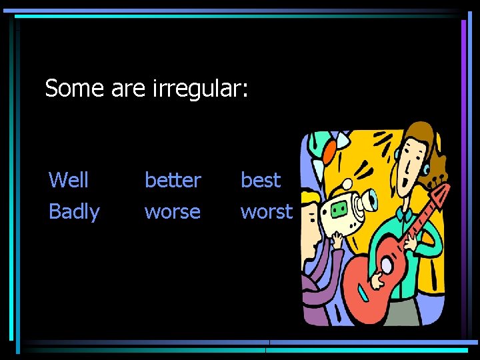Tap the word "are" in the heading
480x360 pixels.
coord(127,88)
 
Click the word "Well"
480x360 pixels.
coord(69,180)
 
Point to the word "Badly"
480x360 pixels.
coord(74,212)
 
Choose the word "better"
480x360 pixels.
coord(173,180)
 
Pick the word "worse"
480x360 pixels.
coord(172,212)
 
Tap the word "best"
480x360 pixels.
coord(261,180)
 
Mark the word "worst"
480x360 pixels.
coord(266,212)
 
